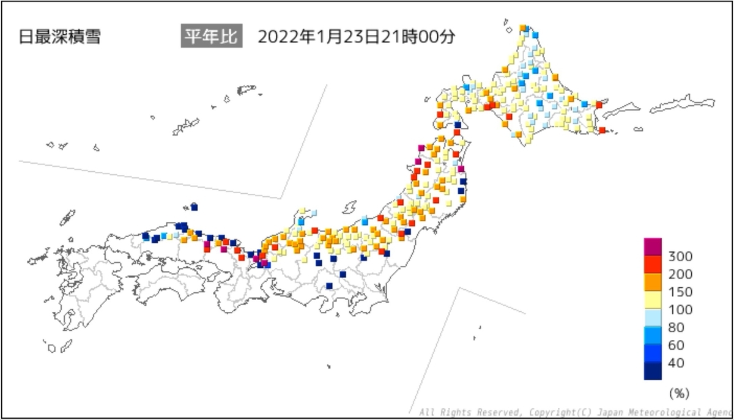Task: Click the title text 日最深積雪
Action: (x=59, y=37)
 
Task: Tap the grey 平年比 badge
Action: (x=212, y=36)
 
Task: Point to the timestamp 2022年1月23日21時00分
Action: (x=356, y=37)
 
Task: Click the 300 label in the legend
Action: (x=681, y=256)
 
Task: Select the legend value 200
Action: (x=681, y=273)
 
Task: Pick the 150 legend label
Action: (x=681, y=292)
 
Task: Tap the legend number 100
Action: (x=681, y=309)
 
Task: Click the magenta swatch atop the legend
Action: (x=653, y=246)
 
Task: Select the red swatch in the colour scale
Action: (x=653, y=264)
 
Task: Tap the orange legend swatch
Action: (x=653, y=282)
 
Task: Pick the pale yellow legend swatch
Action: (x=653, y=300)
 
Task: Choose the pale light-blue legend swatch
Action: (x=653, y=318)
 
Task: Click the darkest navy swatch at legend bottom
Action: (x=653, y=371)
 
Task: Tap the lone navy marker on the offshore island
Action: (x=195, y=207)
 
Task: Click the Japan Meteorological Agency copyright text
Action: (x=575, y=413)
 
